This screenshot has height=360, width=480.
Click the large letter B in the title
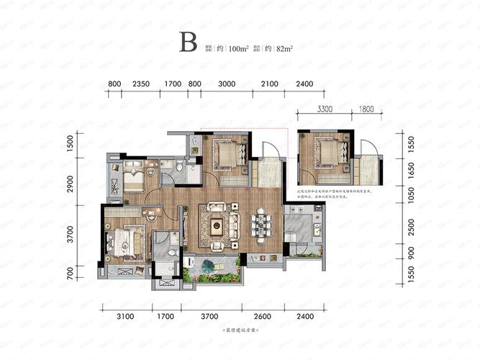[x=189, y=42]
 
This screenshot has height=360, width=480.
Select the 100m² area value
[x=237, y=50]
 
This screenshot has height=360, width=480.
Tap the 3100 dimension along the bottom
[x=125, y=315]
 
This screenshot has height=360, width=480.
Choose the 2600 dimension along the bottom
[x=263, y=315]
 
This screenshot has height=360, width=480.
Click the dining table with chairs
[x=260, y=225]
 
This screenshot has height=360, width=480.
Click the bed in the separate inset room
[x=323, y=153]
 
